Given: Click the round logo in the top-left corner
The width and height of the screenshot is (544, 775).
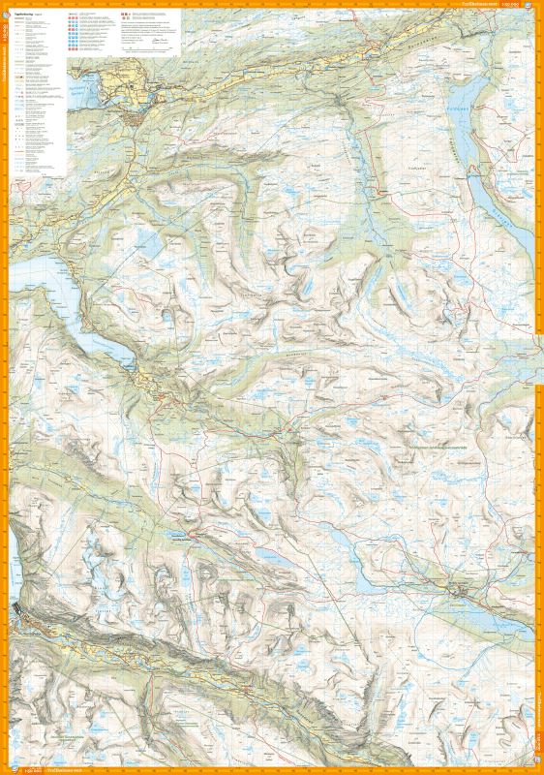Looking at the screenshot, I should (x=9, y=9).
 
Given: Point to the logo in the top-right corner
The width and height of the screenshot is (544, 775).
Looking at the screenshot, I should (x=534, y=9).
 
